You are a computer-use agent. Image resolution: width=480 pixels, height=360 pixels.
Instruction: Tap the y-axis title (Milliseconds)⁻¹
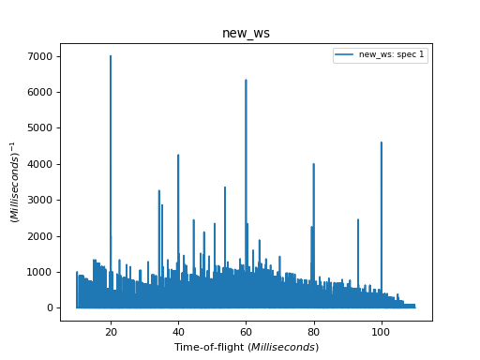[x=15, y=182]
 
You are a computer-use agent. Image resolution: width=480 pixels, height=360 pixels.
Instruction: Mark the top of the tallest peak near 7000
[x=111, y=56]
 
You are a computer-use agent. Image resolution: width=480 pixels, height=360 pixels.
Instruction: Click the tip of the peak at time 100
[x=382, y=142]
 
